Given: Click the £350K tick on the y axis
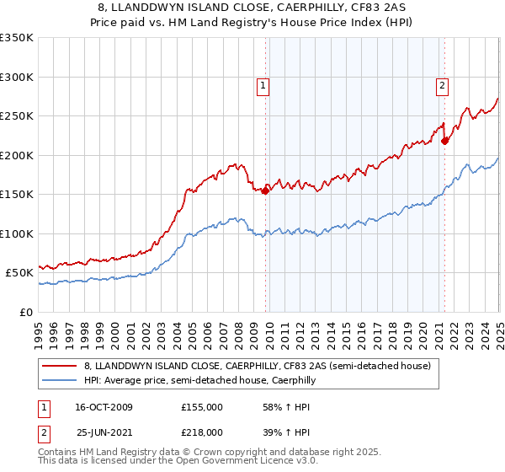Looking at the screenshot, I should point(17,38).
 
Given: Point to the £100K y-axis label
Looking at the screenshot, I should point(17,233).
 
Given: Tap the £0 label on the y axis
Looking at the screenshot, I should point(25,312).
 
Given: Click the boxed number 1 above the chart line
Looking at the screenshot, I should point(263,84).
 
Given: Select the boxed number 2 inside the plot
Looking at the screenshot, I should point(442,84).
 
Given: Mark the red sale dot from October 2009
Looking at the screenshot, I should point(265,190).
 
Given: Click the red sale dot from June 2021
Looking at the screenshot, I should point(444,142).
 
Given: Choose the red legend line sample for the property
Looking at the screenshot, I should point(59,366).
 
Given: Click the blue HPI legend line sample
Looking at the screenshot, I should point(59,381).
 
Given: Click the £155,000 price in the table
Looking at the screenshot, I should point(201,407).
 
